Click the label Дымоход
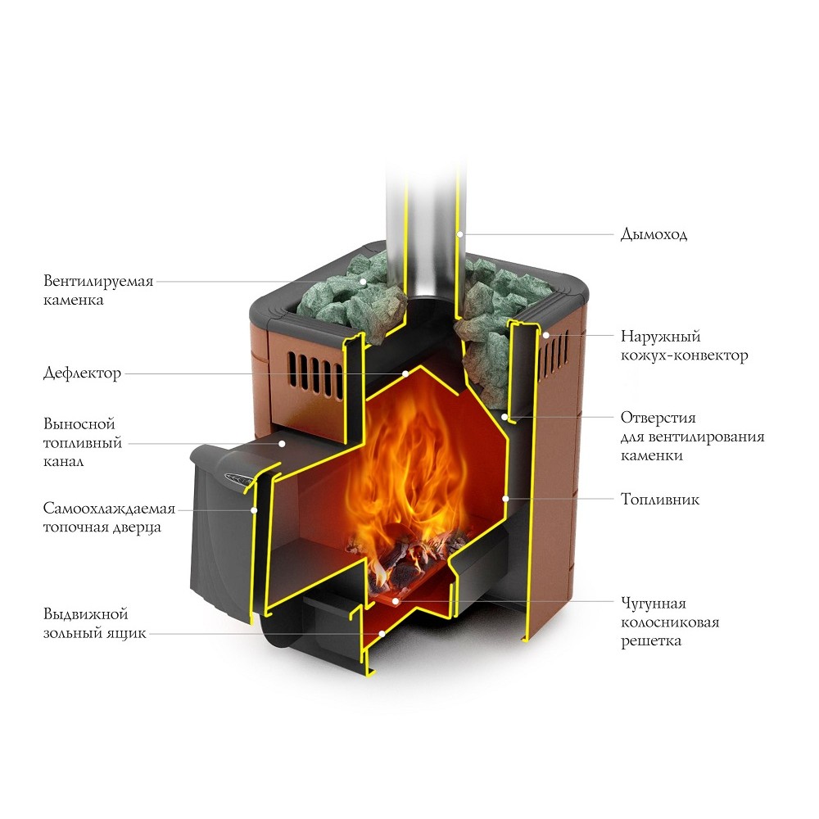click(x=654, y=235)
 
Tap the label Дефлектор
click(x=82, y=374)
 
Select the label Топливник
click(x=659, y=499)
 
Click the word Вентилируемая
click(x=98, y=282)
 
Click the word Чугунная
click(x=653, y=604)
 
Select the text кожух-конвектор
click(x=684, y=355)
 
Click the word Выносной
click(x=79, y=424)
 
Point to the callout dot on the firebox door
click(x=255, y=509)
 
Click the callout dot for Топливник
click(x=506, y=498)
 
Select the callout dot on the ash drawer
click(x=382, y=633)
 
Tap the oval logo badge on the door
click(x=240, y=477)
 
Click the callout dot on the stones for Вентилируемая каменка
click(x=364, y=281)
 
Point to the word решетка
click(x=651, y=642)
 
